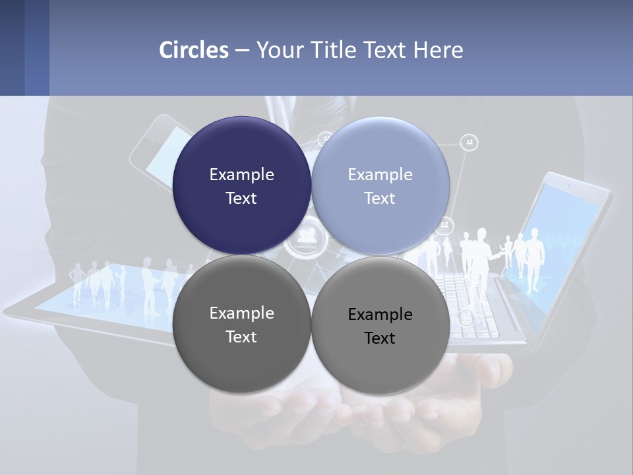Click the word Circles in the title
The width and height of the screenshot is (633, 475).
click(194, 50)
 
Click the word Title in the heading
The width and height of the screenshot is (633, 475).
click(334, 50)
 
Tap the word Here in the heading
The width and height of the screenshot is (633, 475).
click(438, 50)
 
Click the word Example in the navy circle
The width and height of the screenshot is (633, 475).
click(241, 174)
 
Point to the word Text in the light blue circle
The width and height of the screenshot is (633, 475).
click(380, 198)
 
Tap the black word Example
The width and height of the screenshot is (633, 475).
click(380, 314)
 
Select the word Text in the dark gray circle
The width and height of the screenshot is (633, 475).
click(241, 336)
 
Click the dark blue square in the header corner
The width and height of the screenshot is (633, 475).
click(12, 47)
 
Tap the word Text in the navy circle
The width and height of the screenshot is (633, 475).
click(241, 198)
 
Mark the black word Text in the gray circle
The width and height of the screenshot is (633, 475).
click(380, 338)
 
